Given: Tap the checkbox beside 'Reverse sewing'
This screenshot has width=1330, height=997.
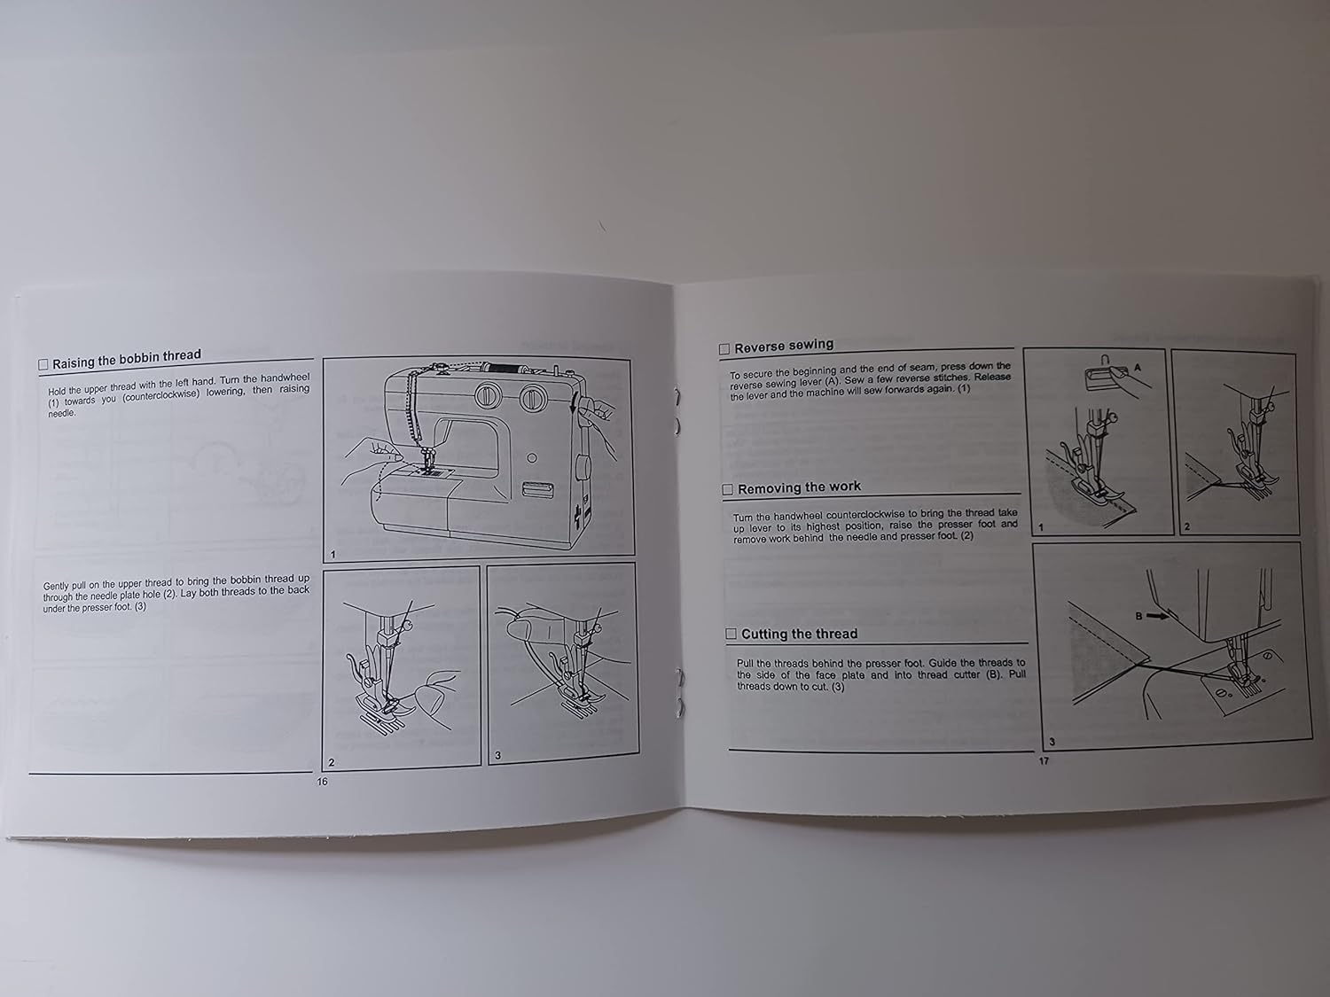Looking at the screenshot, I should click(724, 349).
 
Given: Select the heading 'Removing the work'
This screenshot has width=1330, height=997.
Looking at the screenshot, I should click(799, 488).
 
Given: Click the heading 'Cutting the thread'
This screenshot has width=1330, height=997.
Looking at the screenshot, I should click(799, 634).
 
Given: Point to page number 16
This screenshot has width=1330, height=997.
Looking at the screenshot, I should click(322, 782).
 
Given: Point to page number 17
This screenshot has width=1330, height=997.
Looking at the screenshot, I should click(1044, 760).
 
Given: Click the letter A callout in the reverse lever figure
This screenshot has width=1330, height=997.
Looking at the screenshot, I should click(1138, 366).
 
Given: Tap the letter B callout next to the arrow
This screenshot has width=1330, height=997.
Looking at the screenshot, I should click(1138, 614).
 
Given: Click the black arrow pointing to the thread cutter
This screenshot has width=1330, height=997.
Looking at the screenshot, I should click(1155, 613).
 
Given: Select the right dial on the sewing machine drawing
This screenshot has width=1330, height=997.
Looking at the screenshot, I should click(533, 397).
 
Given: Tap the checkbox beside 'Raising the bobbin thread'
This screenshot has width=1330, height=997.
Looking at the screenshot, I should click(43, 365).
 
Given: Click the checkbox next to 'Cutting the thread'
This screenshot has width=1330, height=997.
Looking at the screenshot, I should click(731, 635).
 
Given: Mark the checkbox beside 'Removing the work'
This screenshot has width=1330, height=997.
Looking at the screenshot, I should click(728, 490).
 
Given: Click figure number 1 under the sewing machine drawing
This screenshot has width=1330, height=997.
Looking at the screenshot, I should click(332, 555).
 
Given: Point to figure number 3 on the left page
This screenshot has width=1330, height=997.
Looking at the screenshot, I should click(497, 755).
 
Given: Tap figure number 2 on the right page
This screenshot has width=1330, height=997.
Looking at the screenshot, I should click(1187, 526).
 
